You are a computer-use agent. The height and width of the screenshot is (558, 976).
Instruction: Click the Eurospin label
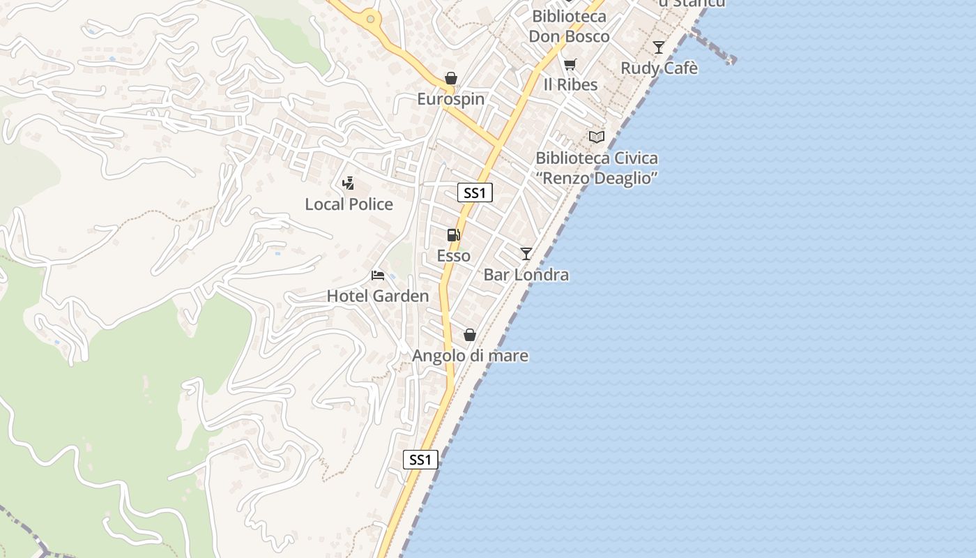pyautogui.click(x=450, y=99)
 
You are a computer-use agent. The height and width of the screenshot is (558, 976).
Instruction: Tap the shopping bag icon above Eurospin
pyautogui.click(x=451, y=78)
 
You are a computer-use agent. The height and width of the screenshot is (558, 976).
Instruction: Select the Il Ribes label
pyautogui.click(x=570, y=84)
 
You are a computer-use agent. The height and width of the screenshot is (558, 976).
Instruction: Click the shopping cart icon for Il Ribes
pyautogui.click(x=570, y=65)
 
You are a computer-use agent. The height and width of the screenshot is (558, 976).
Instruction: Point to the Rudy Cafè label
pyautogui.click(x=659, y=68)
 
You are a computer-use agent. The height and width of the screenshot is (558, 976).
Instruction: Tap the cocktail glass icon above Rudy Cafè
pyautogui.click(x=658, y=47)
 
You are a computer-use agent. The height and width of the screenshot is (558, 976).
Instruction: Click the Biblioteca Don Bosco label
pyautogui.click(x=569, y=27)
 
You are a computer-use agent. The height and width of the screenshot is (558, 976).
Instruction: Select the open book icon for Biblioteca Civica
pyautogui.click(x=597, y=137)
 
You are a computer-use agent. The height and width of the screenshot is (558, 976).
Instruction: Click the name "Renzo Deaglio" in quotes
pyautogui.click(x=597, y=178)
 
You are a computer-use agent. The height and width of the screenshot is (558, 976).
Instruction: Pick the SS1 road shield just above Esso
pyautogui.click(x=475, y=193)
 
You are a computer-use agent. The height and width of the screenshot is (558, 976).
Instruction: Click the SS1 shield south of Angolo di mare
pyautogui.click(x=421, y=460)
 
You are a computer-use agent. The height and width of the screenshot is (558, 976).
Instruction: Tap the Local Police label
pyautogui.click(x=349, y=204)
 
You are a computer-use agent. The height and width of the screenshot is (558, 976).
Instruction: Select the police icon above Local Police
pyautogui.click(x=348, y=183)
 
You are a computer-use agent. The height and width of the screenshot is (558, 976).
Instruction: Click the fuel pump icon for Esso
pyautogui.click(x=454, y=235)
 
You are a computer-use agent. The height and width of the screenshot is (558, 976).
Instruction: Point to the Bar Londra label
pyautogui.click(x=526, y=275)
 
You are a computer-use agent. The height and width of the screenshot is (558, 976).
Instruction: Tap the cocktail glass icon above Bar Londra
pyautogui.click(x=526, y=254)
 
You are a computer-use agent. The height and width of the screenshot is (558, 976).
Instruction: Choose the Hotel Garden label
pyautogui.click(x=378, y=296)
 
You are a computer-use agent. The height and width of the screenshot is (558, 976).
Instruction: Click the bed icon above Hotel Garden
pyautogui.click(x=378, y=276)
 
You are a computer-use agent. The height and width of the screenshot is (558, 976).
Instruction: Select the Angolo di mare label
pyautogui.click(x=470, y=356)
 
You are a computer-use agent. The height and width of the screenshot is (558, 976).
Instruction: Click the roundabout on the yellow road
pyautogui.click(x=371, y=20)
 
